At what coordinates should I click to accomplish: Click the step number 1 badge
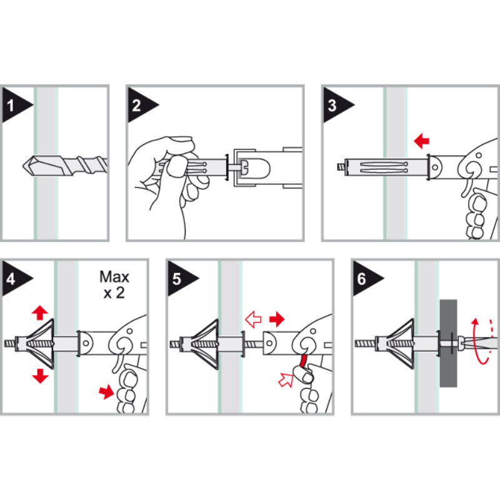pyautogui.click(x=14, y=105)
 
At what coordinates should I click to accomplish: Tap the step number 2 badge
pyautogui.click(x=140, y=105)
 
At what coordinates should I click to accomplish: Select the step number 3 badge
pyautogui.click(x=336, y=105)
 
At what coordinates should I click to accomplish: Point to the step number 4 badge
pyautogui.click(x=14, y=279)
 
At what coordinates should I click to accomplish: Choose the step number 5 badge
pyautogui.click(x=180, y=279)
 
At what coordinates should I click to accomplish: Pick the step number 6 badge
pyautogui.click(x=365, y=279)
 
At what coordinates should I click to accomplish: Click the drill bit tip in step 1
pyautogui.click(x=23, y=166)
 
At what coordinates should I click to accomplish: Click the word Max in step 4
pyautogui.click(x=114, y=277)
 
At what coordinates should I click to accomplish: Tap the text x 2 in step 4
pyautogui.click(x=114, y=292)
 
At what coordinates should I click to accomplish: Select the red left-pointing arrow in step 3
pyautogui.click(x=421, y=141)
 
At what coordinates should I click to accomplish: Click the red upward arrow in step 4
pyautogui.click(x=40, y=312)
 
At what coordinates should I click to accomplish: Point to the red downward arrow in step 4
pyautogui.click(x=40, y=376)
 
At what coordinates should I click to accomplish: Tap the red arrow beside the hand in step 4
pyautogui.click(x=106, y=391)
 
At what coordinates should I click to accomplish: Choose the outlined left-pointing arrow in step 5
pyautogui.click(x=253, y=319)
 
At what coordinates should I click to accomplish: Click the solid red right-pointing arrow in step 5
pyautogui.click(x=277, y=319)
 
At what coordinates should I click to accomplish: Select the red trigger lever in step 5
pyautogui.click(x=303, y=361)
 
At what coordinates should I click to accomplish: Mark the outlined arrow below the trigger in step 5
pyautogui.click(x=286, y=380)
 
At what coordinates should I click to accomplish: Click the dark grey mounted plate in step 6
pyautogui.click(x=448, y=343)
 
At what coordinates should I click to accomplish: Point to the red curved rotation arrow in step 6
pyautogui.click(x=477, y=341)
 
